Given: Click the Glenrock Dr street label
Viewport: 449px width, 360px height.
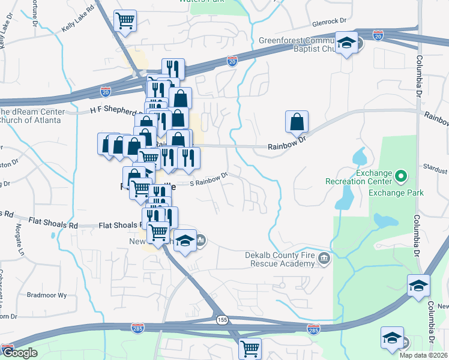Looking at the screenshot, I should point(330,21).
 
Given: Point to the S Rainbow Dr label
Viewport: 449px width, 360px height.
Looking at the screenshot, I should point(209,178).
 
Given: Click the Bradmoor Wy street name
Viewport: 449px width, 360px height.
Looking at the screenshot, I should point(45,295).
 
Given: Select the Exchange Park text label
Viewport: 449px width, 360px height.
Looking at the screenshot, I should point(396,193).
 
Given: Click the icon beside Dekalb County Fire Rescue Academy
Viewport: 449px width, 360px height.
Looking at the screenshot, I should point(325,259).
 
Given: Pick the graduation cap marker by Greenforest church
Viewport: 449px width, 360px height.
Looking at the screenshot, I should point(346,43).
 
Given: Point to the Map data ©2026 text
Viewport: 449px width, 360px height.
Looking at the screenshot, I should point(424,355).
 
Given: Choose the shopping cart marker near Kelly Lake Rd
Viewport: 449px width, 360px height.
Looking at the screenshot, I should point(125,22).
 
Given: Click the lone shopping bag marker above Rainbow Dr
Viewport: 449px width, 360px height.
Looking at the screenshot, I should point(297,122).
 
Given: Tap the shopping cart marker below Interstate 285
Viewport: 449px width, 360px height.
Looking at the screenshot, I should point(250,348).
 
